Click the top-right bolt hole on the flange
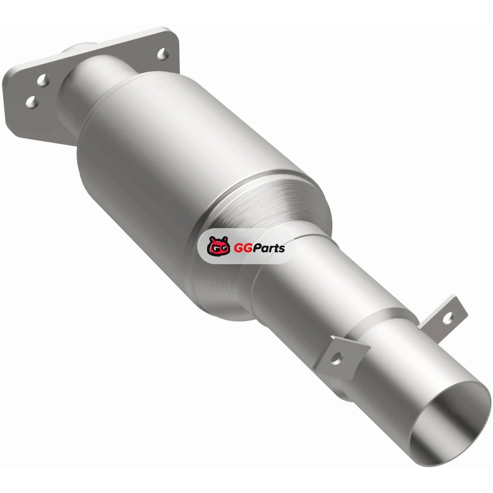click(163, 54)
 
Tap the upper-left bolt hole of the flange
click(43, 81)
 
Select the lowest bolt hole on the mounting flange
click(32, 102)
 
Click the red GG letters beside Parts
click(240, 248)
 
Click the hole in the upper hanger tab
click(448, 318)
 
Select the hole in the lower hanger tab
click(336, 358)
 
